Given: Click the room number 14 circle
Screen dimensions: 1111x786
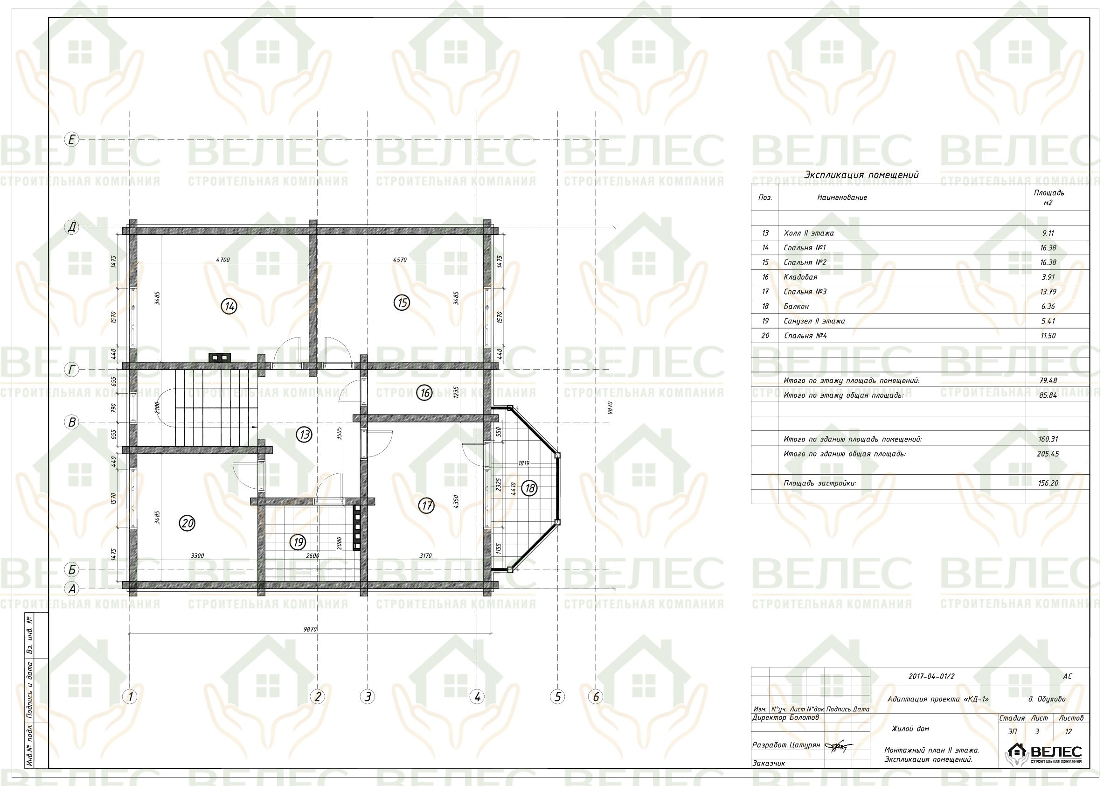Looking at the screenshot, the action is (x=229, y=306).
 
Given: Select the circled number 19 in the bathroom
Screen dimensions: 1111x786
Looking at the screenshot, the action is (x=298, y=542).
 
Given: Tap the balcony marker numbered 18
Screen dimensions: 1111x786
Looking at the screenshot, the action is (x=530, y=488).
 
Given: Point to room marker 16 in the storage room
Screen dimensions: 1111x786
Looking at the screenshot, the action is (x=425, y=392).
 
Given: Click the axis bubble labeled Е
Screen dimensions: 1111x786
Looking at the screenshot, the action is (x=72, y=140).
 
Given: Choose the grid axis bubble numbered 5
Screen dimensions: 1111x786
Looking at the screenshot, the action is (x=557, y=697).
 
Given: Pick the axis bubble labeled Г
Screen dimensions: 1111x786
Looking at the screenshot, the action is (x=72, y=370).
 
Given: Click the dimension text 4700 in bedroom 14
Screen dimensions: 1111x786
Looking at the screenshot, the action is (x=222, y=260).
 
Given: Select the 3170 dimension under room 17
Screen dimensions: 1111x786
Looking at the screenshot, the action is (x=425, y=555).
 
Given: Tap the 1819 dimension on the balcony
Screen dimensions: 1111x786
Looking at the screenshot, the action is (x=524, y=463).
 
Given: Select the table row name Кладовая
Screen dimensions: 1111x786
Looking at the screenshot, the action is (x=800, y=277).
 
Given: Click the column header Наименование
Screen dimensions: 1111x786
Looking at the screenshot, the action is (x=842, y=197).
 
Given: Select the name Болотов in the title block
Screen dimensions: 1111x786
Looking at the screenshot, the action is (x=804, y=717).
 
